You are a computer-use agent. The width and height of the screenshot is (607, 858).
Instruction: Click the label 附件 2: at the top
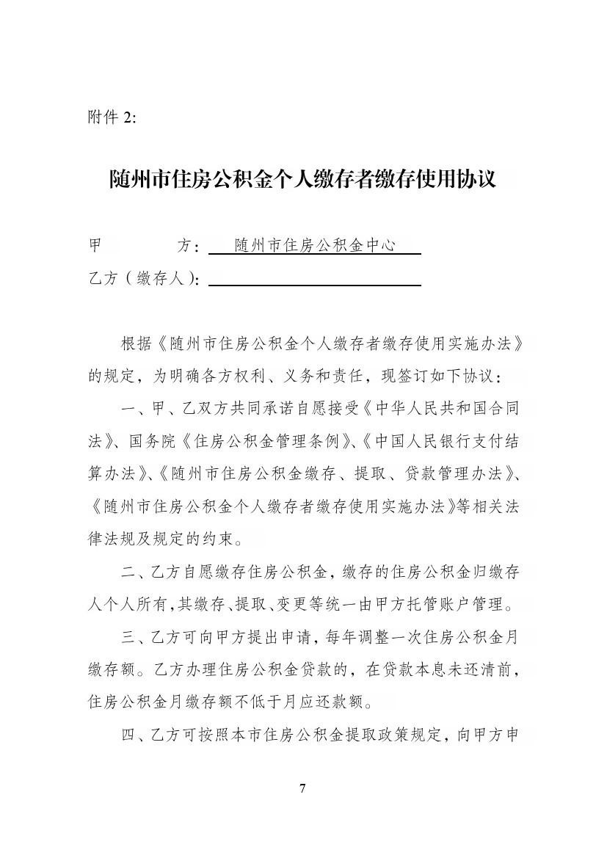click(x=112, y=119)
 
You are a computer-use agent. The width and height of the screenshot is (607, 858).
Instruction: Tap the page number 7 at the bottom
click(x=302, y=788)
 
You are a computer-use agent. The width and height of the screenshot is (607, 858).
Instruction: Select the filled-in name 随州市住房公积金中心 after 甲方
click(x=315, y=245)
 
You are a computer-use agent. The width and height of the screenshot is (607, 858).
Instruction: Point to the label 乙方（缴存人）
click(x=144, y=279)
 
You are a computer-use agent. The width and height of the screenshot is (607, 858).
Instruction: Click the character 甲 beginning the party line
click(x=95, y=245)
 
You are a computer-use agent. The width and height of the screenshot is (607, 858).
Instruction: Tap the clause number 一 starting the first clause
click(x=128, y=408)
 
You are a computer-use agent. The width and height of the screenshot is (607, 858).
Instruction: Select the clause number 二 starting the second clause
click(x=128, y=572)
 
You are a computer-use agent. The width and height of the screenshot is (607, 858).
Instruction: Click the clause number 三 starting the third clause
click(x=128, y=638)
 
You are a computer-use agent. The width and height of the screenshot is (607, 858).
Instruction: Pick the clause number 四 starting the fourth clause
click(x=128, y=735)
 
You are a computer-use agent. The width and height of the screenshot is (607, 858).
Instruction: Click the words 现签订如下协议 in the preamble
click(x=432, y=376)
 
